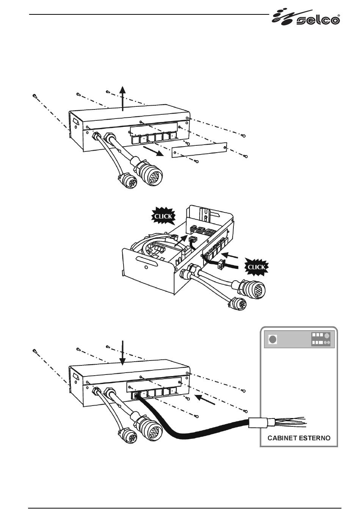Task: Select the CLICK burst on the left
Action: coord(163,216)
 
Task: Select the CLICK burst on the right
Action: coord(256,267)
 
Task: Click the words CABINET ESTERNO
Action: coord(299,438)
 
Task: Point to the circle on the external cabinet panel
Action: coord(272,340)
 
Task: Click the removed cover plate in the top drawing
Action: coord(199,150)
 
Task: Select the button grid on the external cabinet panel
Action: coord(321,339)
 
